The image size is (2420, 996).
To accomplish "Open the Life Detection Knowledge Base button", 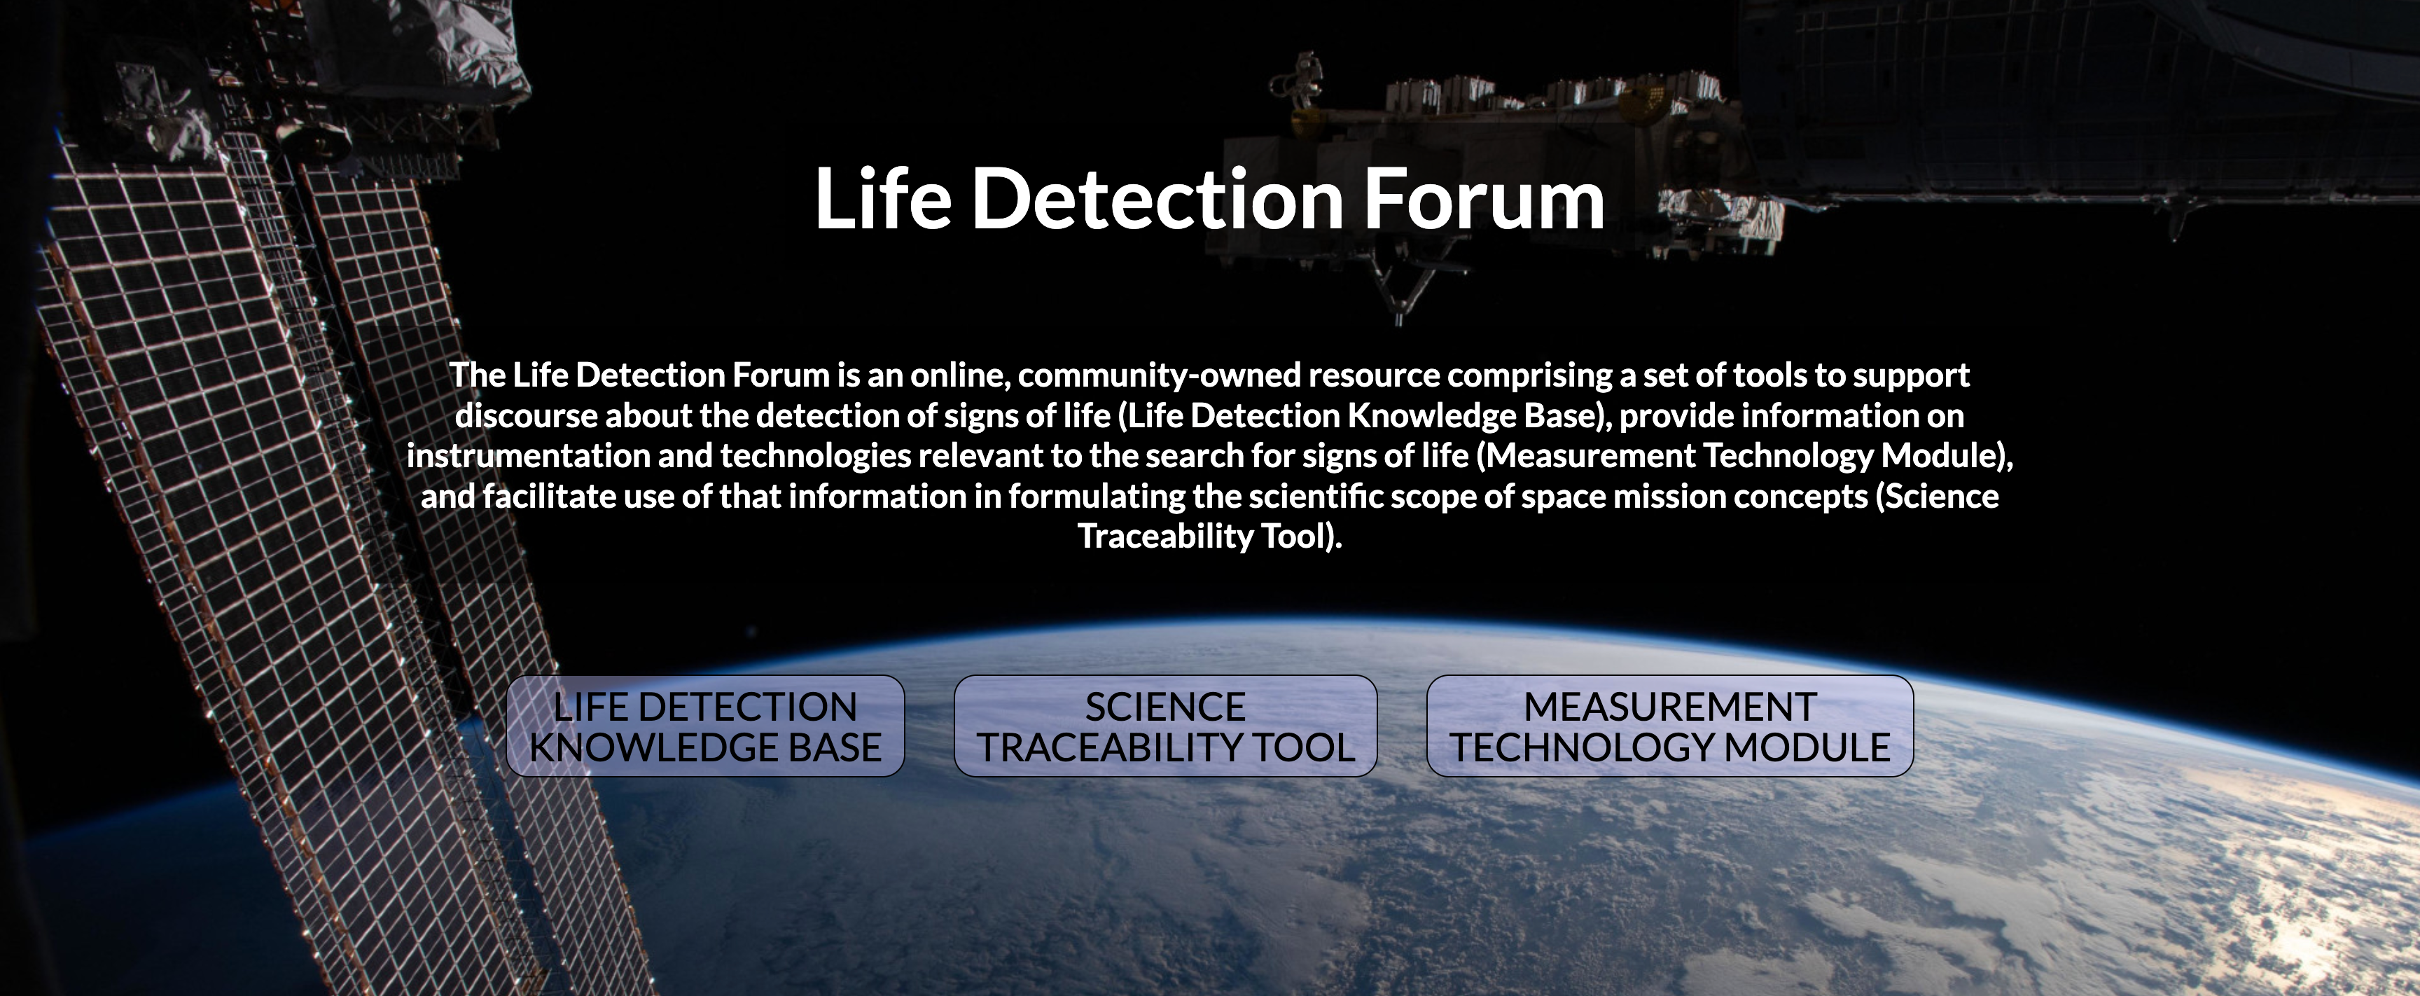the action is point(704,726).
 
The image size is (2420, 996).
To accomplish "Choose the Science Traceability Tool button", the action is point(1165,726).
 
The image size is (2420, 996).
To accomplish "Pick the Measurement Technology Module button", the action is point(1669,726).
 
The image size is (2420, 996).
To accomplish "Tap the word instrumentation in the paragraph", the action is point(528,456).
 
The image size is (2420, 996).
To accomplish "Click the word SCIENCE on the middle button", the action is point(1165,707).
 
